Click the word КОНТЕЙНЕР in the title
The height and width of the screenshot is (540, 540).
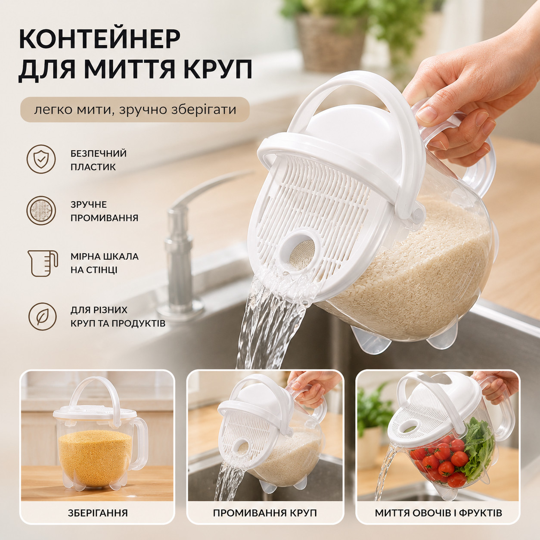tap(100, 39)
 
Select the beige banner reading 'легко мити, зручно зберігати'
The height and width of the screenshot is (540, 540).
tap(135, 109)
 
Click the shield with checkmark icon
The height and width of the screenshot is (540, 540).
tap(41, 159)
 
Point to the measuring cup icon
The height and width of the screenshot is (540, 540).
tap(42, 263)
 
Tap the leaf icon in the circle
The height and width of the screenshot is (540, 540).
tap(42, 317)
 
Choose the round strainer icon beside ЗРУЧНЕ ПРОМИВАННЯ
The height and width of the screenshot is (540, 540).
tap(41, 211)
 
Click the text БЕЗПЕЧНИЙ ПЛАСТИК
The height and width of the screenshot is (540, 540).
tap(98, 160)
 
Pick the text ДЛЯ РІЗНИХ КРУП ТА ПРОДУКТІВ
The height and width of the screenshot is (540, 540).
tap(118, 317)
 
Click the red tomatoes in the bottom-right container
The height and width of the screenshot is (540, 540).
tap(440, 457)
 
